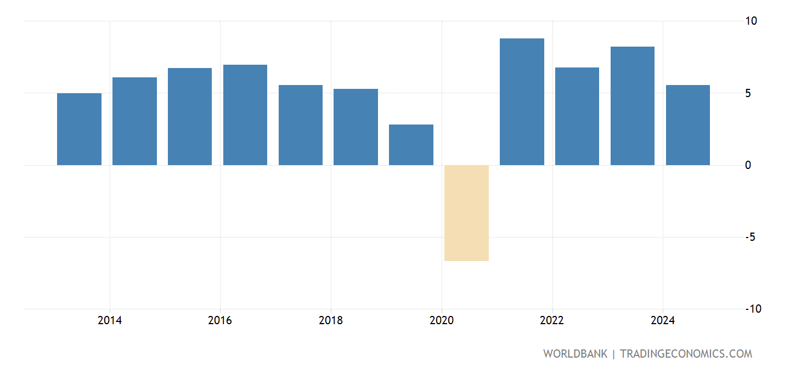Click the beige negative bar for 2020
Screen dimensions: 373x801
[x=466, y=213]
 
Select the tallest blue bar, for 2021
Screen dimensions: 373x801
[x=522, y=101]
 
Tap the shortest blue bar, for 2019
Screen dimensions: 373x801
[x=411, y=145]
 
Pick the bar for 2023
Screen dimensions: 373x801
[x=632, y=106]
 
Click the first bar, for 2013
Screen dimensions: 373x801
[x=79, y=129]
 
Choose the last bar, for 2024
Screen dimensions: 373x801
[x=687, y=125]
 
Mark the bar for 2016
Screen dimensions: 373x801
[x=245, y=115]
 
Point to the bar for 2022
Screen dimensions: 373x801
[x=577, y=116]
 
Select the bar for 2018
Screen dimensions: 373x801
[x=356, y=127]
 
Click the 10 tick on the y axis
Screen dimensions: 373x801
[x=751, y=21]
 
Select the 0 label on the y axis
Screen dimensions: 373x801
[x=748, y=165]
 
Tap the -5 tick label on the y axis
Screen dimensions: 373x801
[x=751, y=238]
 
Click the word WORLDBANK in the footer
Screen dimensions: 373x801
[x=575, y=354]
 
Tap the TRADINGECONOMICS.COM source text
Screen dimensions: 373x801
[x=686, y=354]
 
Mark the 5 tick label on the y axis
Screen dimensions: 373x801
[x=748, y=93]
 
